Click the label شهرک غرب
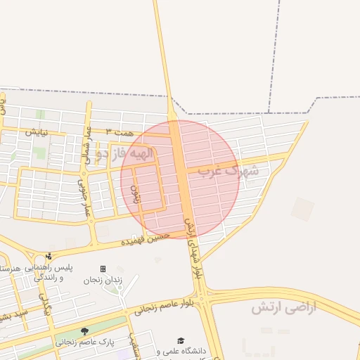click(x=228, y=170)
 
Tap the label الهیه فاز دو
click(x=124, y=153)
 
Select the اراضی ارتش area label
click(x=284, y=307)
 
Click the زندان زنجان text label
click(x=103, y=280)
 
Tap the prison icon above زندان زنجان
click(x=103, y=269)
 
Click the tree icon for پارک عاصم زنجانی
click(x=84, y=331)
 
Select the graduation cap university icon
click(x=181, y=340)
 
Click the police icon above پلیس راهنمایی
click(x=49, y=256)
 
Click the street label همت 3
click(x=118, y=131)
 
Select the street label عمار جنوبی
click(x=84, y=198)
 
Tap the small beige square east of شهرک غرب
click(x=302, y=209)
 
